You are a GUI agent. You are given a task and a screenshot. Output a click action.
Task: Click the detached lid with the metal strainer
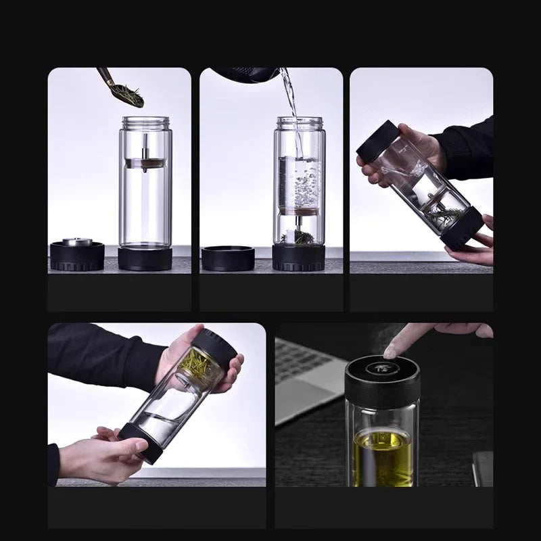click(77, 253)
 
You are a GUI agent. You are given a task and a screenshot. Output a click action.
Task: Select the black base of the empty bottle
click(145, 258)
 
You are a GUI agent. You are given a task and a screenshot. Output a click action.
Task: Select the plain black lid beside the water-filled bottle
click(228, 258)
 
